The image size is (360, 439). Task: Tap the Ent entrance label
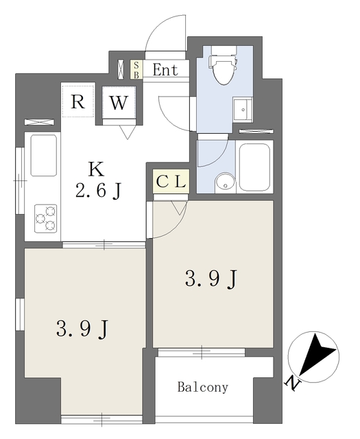click(165, 70)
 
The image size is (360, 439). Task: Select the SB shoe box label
click(136, 69)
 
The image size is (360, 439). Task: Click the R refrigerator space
click(77, 102)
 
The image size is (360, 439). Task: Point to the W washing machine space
click(119, 102)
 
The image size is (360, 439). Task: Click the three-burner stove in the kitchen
click(46, 218)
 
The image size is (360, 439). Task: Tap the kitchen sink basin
click(43, 156)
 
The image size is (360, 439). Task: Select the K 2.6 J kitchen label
click(97, 180)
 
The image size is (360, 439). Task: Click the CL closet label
click(171, 181)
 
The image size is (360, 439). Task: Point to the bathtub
click(254, 167)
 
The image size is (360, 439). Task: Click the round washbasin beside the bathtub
click(225, 183)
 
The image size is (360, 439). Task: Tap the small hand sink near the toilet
click(243, 110)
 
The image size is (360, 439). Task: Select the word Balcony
click(203, 388)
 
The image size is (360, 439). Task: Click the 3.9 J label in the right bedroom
click(211, 278)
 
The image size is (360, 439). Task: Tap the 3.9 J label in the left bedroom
click(82, 329)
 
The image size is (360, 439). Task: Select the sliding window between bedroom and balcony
click(202, 352)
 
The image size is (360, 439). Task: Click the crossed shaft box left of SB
click(121, 69)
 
